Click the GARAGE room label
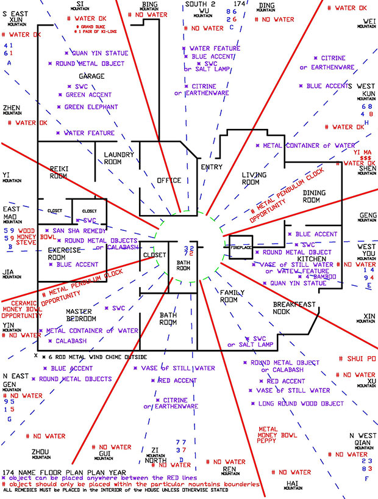[x=91, y=76]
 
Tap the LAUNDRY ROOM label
[x=119, y=159]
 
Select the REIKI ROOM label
[x=59, y=172]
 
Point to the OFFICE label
[x=169, y=180]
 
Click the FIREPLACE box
[x=240, y=249]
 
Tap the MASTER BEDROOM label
[x=79, y=315]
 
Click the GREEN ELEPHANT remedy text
[x=91, y=107]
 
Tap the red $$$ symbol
[x=366, y=157]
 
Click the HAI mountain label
[x=291, y=484]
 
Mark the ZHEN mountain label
[x=12, y=109]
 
